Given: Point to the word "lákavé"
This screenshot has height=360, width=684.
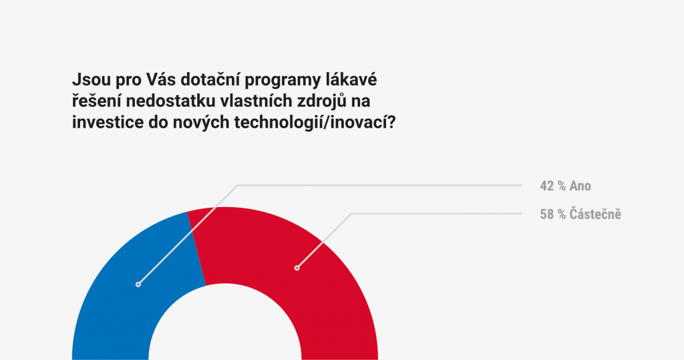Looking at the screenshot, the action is coord(351,80).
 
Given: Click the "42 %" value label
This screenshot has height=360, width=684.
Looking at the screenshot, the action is coord(552,186).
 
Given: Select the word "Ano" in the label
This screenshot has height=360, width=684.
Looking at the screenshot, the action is coord(580,186).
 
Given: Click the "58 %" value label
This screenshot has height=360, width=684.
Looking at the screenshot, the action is coord(552,214).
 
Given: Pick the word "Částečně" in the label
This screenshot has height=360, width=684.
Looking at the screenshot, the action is coord(595,214).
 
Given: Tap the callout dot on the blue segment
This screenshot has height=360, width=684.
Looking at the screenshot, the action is coord(138,285).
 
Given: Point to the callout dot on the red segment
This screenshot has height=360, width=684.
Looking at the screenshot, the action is coord(297,268).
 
